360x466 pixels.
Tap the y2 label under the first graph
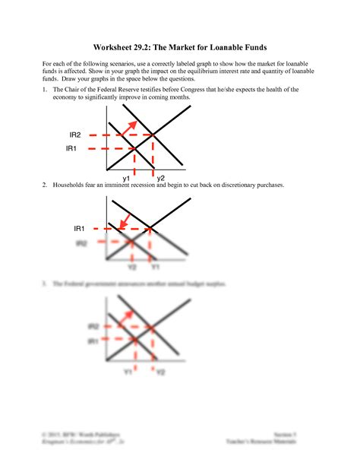[161, 177]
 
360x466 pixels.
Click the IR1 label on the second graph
[81, 228]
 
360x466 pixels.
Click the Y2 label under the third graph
[161, 373]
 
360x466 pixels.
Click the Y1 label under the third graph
[129, 373]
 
